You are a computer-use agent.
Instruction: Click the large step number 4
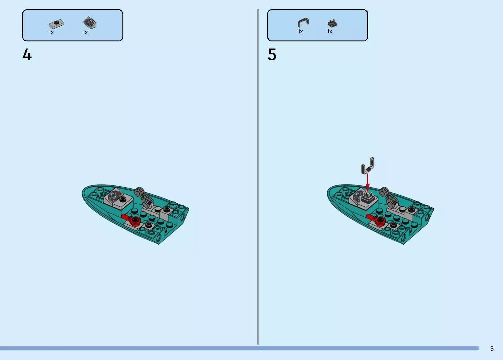pyautogui.click(x=27, y=54)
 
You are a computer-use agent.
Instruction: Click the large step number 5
pyautogui.click(x=272, y=54)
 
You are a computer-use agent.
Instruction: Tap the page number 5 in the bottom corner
pyautogui.click(x=492, y=349)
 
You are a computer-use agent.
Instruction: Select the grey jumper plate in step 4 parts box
pyautogui.click(x=56, y=23)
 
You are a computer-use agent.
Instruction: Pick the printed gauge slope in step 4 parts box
pyautogui.click(x=89, y=23)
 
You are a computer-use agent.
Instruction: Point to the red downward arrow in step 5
pyautogui.click(x=368, y=182)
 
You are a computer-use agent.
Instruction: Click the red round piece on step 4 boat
pyautogui.click(x=136, y=221)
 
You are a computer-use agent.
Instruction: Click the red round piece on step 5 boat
pyautogui.click(x=380, y=221)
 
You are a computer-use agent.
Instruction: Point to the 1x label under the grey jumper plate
pyautogui.click(x=51, y=32)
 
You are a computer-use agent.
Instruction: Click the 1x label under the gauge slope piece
pyautogui.click(x=85, y=32)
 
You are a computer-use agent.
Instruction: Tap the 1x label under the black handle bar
pyautogui.click(x=300, y=32)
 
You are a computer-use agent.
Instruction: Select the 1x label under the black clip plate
pyautogui.click(x=330, y=32)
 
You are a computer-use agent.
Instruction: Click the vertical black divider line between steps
pyautogui.click(x=258, y=177)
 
